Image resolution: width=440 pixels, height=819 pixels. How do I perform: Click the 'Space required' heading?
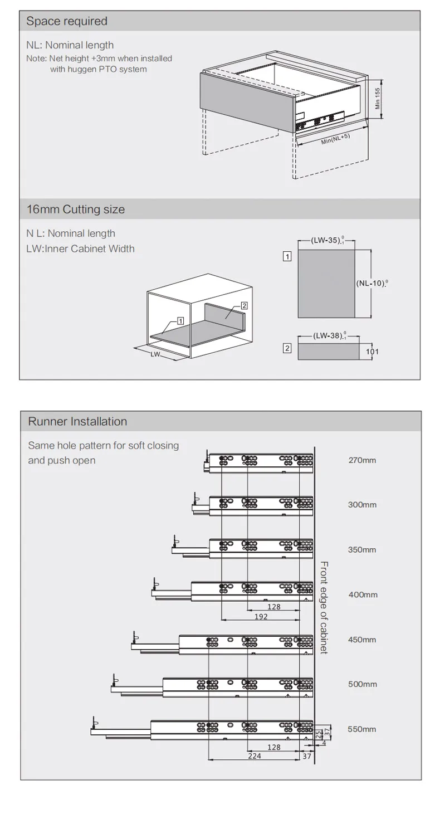point(67,21)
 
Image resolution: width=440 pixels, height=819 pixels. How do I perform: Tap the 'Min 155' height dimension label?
point(378,99)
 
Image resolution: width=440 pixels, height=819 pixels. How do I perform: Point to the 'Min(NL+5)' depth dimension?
point(335,139)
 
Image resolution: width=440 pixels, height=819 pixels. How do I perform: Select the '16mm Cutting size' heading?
point(76,209)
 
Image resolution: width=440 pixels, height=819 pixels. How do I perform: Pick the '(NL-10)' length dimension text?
point(370,283)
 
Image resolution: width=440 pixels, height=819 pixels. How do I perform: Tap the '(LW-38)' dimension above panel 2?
point(327,335)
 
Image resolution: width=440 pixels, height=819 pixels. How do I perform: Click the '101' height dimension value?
point(373,352)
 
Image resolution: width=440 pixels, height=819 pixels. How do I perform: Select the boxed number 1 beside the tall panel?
point(287,257)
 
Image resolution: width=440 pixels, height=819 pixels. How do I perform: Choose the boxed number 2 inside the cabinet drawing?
point(244,306)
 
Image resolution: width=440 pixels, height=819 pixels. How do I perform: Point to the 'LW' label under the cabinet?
point(155,354)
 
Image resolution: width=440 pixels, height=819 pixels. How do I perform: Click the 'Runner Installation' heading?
point(77,422)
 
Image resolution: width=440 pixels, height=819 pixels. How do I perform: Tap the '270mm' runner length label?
point(362,460)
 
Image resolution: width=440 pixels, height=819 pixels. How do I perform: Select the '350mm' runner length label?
point(362,550)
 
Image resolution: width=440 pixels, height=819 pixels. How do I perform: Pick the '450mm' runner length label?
point(362,640)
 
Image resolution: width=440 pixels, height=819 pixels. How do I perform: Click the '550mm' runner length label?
point(362,729)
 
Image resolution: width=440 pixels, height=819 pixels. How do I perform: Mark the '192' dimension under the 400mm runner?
point(261,617)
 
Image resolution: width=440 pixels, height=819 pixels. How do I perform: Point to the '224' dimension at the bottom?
point(255,755)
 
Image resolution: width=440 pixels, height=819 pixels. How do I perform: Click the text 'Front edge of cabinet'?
point(324,608)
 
